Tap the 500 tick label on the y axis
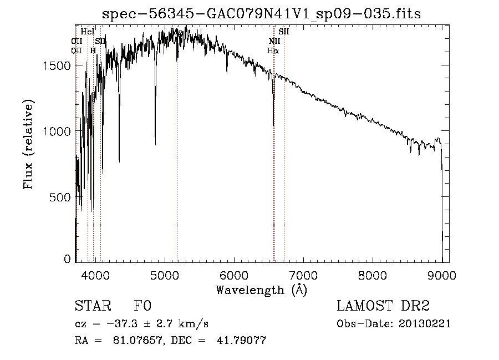61,197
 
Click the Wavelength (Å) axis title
261,290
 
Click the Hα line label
273,50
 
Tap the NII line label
274,41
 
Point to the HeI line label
88,32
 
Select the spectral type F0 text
142,307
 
